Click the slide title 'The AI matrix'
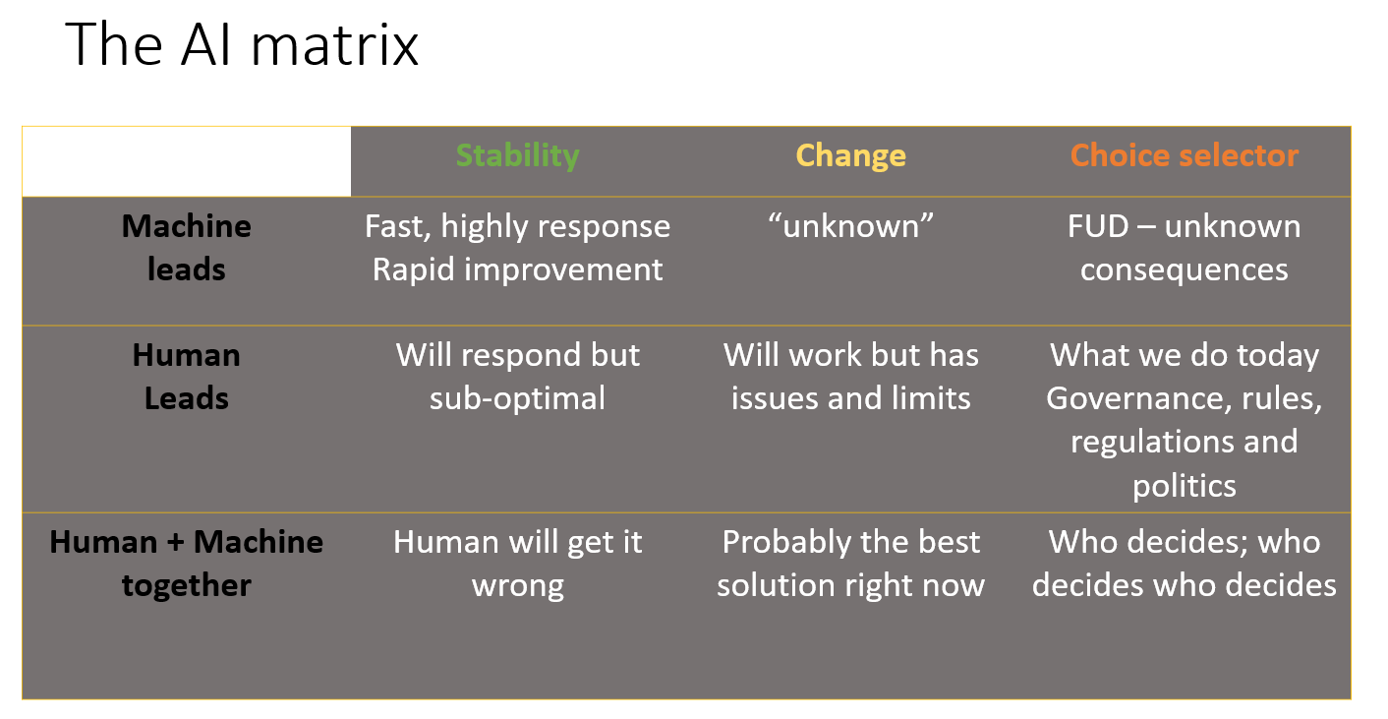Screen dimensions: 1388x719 (242, 44)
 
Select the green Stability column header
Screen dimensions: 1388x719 (517, 155)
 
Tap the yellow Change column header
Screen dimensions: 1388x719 (850, 155)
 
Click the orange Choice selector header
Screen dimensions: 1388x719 (1185, 155)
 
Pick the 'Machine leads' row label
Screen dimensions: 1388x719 (187, 247)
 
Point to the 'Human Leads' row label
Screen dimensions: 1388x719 (187, 377)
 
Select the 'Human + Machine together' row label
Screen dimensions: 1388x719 (187, 564)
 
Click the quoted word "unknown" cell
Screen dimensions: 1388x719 (850, 225)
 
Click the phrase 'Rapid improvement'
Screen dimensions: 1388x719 (517, 270)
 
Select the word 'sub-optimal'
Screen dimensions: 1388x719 (517, 398)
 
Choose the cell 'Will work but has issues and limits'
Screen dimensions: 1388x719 (850, 377)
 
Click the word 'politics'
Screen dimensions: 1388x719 (1185, 486)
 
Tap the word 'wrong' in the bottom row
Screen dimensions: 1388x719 (518, 586)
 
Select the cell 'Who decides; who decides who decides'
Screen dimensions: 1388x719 (1185, 564)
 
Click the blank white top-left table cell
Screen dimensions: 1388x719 (187, 161)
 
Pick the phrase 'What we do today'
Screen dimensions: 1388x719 (1185, 356)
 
